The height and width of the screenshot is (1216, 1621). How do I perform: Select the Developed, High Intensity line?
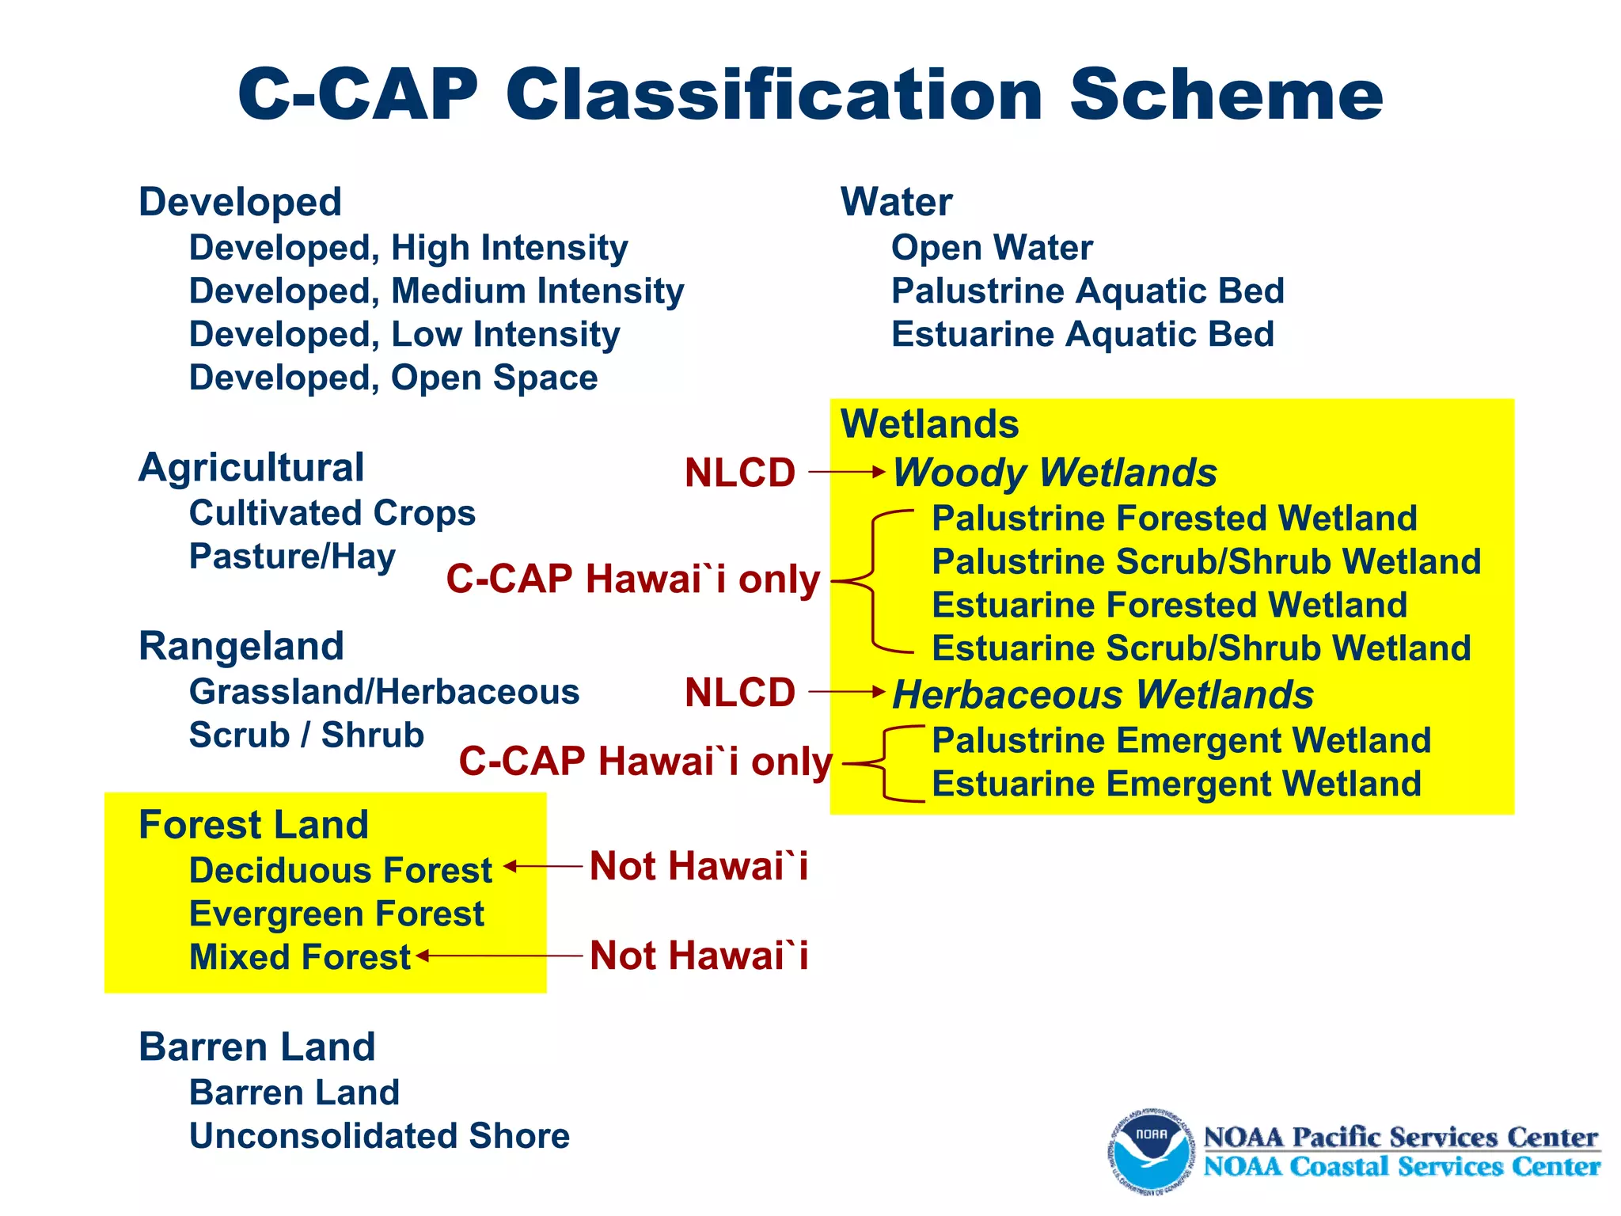[408, 248]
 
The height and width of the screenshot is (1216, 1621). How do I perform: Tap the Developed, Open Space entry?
[393, 378]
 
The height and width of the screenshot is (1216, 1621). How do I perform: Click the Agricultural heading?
[251, 467]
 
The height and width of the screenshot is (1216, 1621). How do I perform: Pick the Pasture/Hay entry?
[292, 557]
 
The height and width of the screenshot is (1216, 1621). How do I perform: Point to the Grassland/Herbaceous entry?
[384, 692]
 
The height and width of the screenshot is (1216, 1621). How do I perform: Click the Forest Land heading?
[253, 825]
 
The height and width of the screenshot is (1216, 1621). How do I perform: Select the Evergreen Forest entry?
[336, 914]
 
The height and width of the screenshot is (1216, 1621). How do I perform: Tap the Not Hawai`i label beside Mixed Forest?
[699, 956]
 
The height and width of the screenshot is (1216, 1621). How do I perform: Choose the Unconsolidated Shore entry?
[379, 1136]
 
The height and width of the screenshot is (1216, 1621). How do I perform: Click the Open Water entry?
[992, 248]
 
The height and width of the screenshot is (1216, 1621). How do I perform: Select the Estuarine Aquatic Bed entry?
[1082, 334]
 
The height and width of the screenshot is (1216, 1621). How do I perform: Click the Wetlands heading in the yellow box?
[929, 424]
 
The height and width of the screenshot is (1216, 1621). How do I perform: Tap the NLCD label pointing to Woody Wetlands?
[739, 473]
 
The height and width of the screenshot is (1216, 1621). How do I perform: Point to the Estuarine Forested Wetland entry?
[1169, 605]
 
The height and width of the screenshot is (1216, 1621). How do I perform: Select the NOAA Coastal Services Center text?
[1401, 1167]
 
